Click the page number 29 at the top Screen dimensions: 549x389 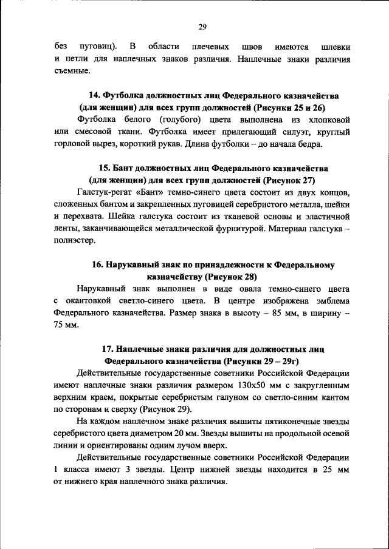[203, 26]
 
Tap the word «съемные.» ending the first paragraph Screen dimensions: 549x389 [72, 71]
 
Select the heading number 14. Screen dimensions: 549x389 [95, 96]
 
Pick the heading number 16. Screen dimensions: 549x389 [98, 265]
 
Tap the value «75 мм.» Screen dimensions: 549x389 [67, 326]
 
